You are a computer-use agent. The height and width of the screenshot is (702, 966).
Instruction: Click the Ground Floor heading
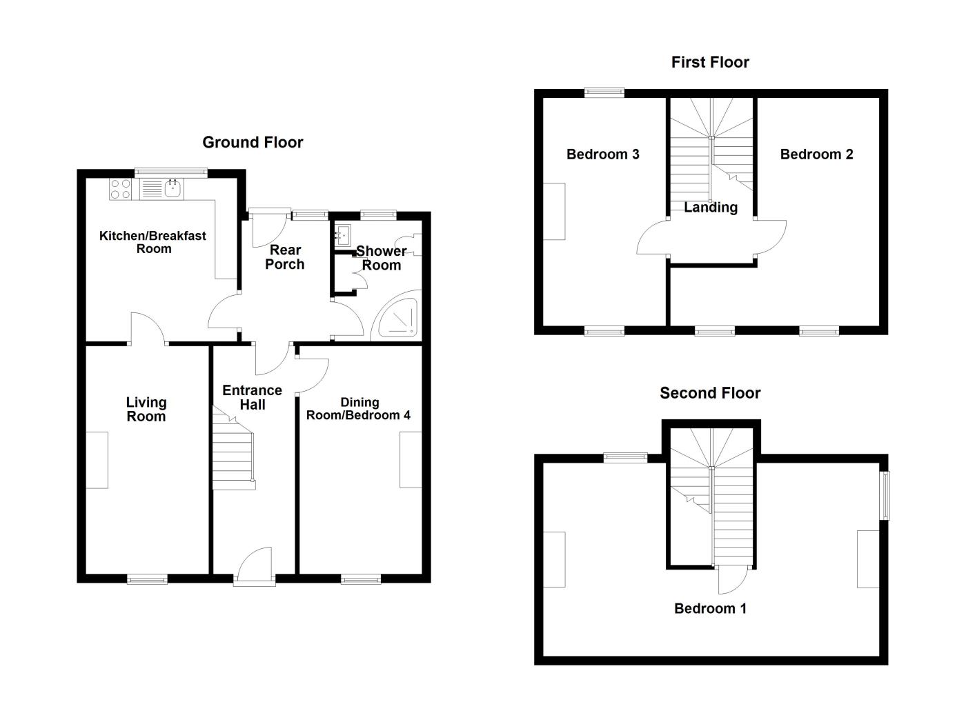point(253,143)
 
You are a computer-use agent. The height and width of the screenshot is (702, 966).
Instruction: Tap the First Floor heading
point(710,63)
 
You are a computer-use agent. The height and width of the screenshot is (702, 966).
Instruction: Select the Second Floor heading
point(710,394)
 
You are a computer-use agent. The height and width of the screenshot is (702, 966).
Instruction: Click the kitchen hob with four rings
point(121,189)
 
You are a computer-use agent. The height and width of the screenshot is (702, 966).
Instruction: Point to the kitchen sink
point(172,188)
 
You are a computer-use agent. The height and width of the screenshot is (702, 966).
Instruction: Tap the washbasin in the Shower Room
point(343,235)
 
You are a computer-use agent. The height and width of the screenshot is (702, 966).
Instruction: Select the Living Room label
point(146,410)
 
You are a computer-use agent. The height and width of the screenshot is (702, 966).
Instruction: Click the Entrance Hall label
point(252,398)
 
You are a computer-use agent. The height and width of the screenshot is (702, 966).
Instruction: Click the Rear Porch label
point(285,257)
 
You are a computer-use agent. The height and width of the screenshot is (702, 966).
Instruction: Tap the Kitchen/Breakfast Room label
point(152,242)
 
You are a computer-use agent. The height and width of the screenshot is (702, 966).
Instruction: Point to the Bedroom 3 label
point(602,154)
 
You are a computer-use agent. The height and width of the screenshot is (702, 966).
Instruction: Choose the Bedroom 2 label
point(816,154)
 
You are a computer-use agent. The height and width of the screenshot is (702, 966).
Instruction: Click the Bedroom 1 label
point(710,608)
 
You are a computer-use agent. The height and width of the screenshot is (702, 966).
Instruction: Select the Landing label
point(711,208)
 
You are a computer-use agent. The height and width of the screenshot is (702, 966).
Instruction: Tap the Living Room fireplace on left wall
point(97,460)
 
